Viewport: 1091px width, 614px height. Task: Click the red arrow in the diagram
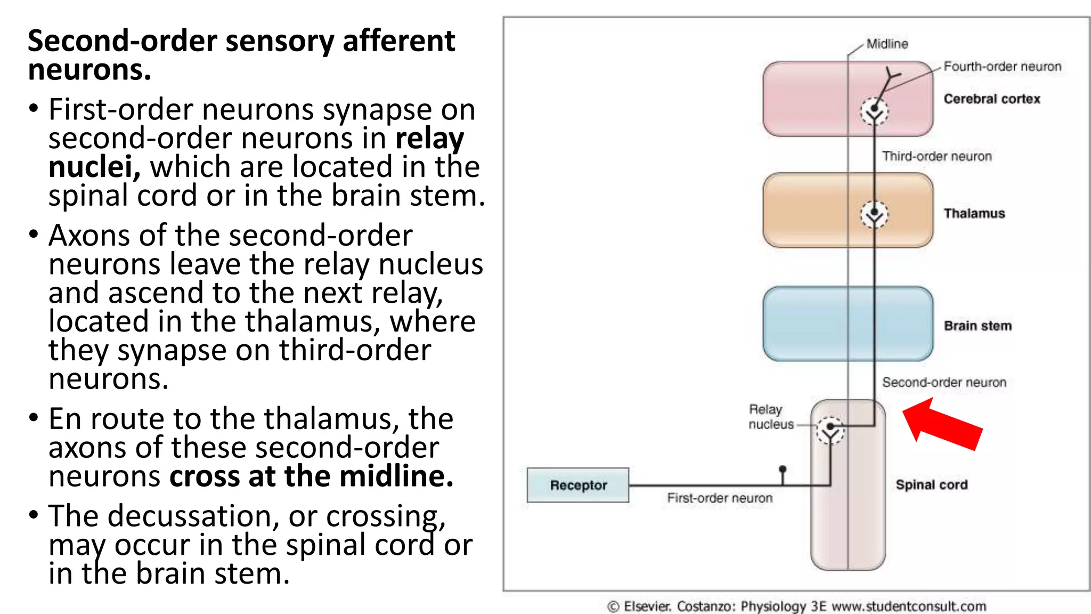(942, 424)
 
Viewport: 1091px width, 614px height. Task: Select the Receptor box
(578, 485)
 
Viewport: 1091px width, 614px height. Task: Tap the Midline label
(887, 44)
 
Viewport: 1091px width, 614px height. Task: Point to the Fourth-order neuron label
(1002, 67)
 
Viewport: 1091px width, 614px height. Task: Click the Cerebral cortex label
(991, 99)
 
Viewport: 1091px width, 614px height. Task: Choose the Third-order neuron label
(937, 156)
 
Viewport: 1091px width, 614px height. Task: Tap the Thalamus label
(974, 213)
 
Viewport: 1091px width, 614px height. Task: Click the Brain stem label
(977, 326)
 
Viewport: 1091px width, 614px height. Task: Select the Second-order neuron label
(944, 382)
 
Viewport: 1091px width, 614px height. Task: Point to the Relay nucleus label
(770, 417)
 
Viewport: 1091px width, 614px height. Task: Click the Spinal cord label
(931, 484)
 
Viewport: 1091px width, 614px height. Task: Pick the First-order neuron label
(719, 498)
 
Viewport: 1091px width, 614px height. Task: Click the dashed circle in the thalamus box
(874, 215)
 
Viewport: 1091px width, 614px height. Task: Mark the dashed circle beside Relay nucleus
(830, 430)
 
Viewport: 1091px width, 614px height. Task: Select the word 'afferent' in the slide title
(398, 41)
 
